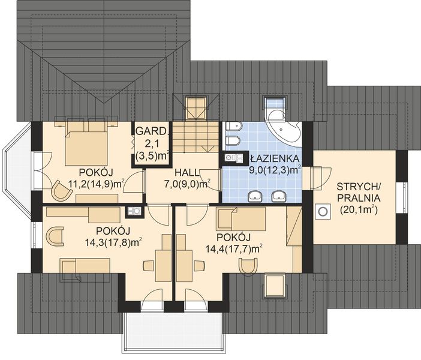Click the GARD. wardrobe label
[151, 131]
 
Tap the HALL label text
[187, 172]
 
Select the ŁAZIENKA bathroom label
[275, 158]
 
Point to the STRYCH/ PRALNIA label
[359, 192]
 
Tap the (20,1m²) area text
[359, 210]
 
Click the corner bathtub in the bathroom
[283, 126]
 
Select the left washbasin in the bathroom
[255, 196]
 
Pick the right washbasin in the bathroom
[279, 196]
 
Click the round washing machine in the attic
[322, 212]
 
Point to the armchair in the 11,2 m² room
[62, 190]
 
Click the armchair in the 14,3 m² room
[55, 236]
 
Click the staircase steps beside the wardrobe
[195, 136]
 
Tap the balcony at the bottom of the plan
[173, 332]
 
